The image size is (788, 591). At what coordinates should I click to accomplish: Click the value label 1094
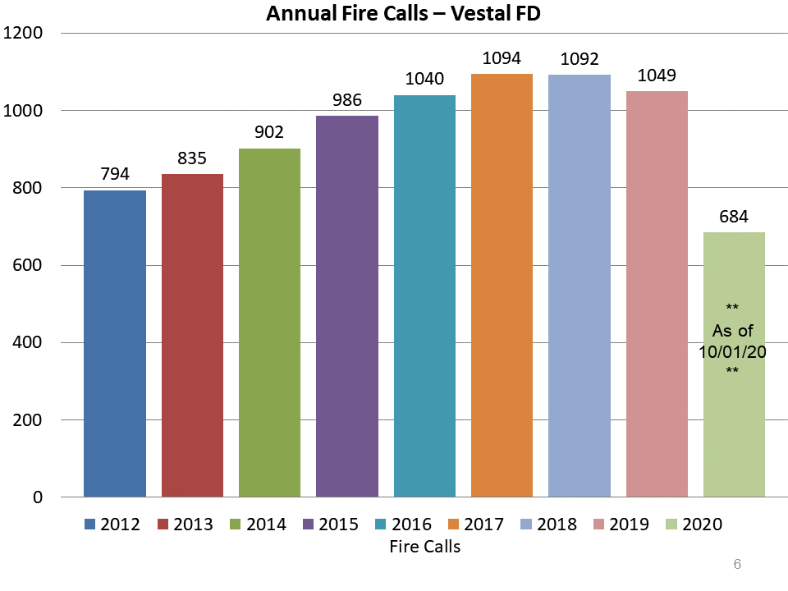(x=502, y=58)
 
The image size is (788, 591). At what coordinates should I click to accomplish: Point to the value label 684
(x=734, y=217)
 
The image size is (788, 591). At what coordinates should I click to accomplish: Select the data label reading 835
(x=192, y=158)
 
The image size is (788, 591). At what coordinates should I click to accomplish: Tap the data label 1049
(x=657, y=76)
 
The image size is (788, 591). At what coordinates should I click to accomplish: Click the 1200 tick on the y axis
(x=24, y=34)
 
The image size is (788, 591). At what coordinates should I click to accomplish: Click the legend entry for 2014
(x=256, y=524)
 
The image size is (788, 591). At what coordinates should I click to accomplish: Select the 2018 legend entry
(x=547, y=524)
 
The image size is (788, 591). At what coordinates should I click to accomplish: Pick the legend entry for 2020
(x=693, y=524)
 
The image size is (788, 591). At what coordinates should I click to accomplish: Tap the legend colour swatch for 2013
(x=163, y=525)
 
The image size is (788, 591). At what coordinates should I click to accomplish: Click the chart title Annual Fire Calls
(x=403, y=13)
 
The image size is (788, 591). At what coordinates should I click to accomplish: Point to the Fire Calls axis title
(x=425, y=546)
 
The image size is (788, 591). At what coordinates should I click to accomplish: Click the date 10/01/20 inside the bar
(x=733, y=351)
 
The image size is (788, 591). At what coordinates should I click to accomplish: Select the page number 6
(x=737, y=564)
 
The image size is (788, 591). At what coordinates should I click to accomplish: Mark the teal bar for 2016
(x=424, y=295)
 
